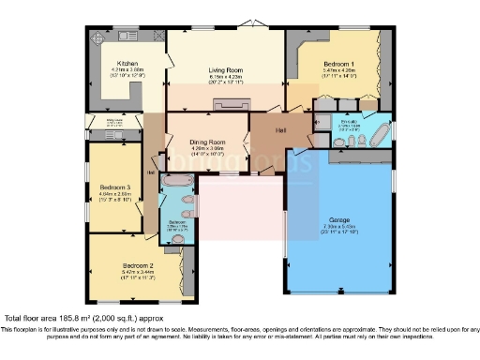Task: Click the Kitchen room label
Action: pos(127,64)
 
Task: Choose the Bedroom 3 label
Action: pos(115,188)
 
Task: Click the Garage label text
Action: pos(339,218)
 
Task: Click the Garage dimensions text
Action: pos(339,228)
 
